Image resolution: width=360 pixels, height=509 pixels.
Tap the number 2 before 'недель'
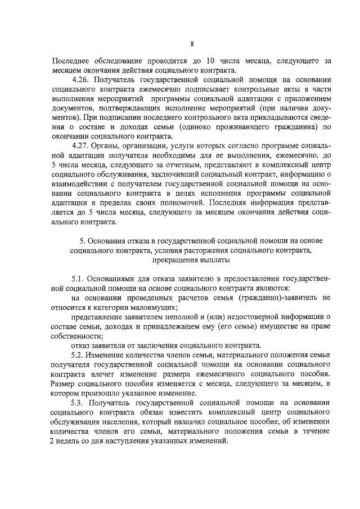click(53, 442)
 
